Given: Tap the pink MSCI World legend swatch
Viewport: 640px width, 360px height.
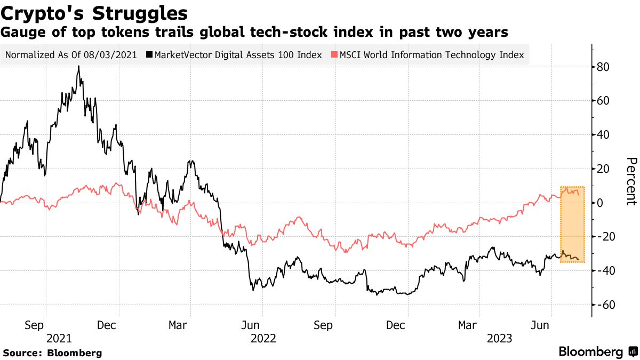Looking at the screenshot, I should pyautogui.click(x=334, y=55).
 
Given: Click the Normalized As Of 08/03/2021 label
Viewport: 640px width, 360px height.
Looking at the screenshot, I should pyautogui.click(x=71, y=55).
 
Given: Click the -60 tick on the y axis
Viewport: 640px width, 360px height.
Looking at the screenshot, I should pyautogui.click(x=605, y=305).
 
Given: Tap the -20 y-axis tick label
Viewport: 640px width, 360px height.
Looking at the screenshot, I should pyautogui.click(x=605, y=237).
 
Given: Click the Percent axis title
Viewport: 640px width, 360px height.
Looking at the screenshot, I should pyautogui.click(x=631, y=181).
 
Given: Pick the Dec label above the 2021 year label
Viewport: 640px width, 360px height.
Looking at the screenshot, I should pyautogui.click(x=107, y=325).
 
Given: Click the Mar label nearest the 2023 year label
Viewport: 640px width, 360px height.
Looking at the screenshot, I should pyautogui.click(x=468, y=325).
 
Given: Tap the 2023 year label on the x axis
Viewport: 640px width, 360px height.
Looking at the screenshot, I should pyautogui.click(x=499, y=338).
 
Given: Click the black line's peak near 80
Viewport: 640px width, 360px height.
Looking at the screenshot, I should pyautogui.click(x=78, y=67).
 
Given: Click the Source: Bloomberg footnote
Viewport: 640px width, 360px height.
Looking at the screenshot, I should pyautogui.click(x=52, y=353).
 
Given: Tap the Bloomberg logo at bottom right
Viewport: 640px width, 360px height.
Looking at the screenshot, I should pyautogui.click(x=597, y=352).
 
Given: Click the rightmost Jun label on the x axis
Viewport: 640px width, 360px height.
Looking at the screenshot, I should pyautogui.click(x=542, y=325).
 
